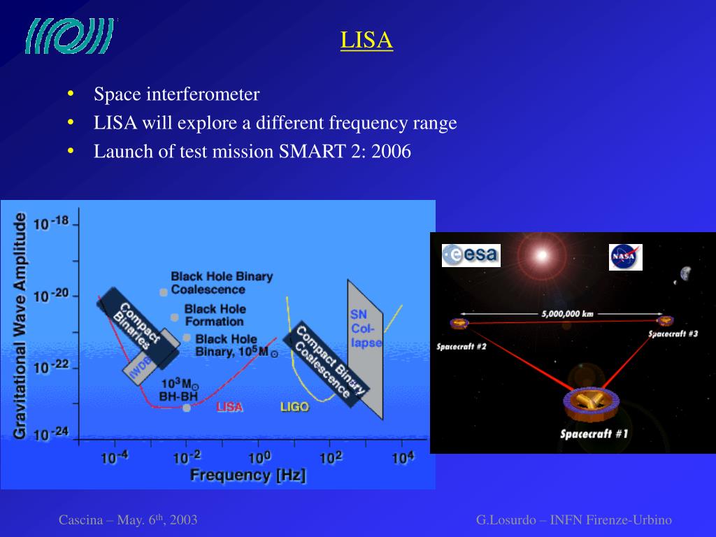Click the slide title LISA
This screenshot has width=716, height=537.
(x=366, y=40)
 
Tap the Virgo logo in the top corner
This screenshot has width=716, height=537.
(x=69, y=36)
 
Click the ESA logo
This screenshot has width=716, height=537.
(x=471, y=255)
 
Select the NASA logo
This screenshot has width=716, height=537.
(x=625, y=257)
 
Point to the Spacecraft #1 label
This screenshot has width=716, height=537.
(x=594, y=434)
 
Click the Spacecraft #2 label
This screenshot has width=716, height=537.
(x=461, y=346)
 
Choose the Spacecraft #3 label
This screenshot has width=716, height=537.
(x=673, y=334)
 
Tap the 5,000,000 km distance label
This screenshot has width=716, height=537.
(x=567, y=313)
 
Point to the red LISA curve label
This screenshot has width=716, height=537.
(x=229, y=407)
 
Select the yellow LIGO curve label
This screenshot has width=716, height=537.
(x=294, y=406)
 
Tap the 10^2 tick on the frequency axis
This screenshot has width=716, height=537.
(x=331, y=459)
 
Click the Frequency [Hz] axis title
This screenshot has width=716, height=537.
(x=248, y=475)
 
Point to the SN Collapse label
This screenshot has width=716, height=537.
(x=366, y=329)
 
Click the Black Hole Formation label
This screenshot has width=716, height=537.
(x=214, y=315)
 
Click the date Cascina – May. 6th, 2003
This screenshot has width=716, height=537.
(x=128, y=520)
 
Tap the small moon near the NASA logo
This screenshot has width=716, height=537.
(x=685, y=273)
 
